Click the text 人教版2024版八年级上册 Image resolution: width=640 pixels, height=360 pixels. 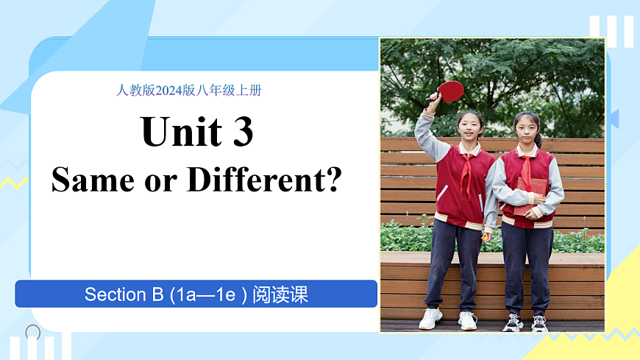pos(189,91)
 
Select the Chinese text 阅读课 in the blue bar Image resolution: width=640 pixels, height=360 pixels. pos(280,295)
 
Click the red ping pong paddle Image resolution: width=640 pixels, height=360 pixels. pos(449,91)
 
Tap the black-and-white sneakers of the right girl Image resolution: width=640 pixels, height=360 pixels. pos(526,322)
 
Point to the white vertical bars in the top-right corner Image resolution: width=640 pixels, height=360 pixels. pos(611,31)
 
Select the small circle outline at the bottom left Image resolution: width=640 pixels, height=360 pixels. pos(33,332)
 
